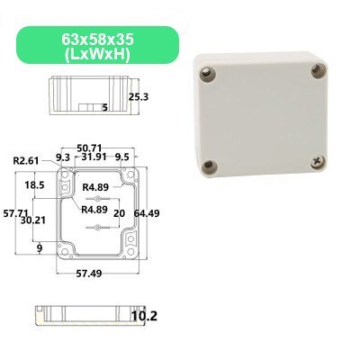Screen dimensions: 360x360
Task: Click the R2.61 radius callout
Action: [28, 160]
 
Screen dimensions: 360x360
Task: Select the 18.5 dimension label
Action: [34, 184]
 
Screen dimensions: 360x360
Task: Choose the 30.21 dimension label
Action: [34, 219]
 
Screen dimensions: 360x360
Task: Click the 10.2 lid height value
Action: [143, 316]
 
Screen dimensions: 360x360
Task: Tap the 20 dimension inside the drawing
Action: [119, 212]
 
